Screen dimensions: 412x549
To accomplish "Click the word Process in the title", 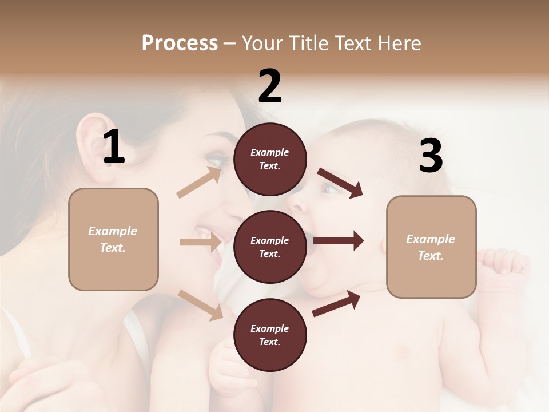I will pos(180,43).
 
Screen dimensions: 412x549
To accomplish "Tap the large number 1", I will pos(114,147).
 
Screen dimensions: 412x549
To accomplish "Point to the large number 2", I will pos(270,86).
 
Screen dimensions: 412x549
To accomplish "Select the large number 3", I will pos(431,156).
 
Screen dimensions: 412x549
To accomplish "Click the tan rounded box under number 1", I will pos(113,239).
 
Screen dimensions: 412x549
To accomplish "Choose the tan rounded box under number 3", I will pos(431,247).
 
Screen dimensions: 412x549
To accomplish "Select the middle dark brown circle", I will pos(270,247).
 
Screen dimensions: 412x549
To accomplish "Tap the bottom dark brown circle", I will pos(270,335).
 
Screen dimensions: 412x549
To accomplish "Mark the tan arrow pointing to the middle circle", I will pos(200,242).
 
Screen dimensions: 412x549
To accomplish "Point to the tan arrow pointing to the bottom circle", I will pos(201,305).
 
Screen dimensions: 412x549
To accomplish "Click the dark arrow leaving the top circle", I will pos(340,183).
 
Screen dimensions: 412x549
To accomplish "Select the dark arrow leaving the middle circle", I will pos(339,241).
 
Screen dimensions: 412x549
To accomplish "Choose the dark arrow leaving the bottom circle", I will pos(336,303).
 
